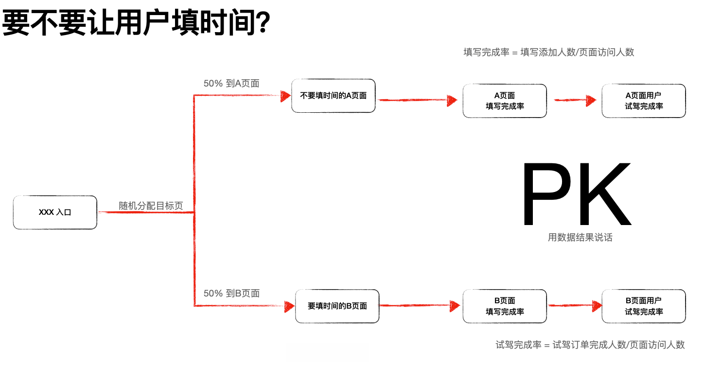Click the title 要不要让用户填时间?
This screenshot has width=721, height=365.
(x=136, y=23)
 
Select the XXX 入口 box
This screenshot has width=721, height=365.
(x=55, y=212)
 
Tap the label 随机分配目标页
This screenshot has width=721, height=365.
(x=151, y=206)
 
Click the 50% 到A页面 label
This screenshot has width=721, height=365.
(x=231, y=84)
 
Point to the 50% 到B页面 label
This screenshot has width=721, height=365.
(x=231, y=294)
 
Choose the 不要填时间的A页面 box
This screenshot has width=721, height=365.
(x=334, y=96)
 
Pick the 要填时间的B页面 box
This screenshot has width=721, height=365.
(x=337, y=306)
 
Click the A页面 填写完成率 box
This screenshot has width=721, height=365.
(x=505, y=101)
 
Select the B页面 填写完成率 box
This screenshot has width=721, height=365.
(x=505, y=306)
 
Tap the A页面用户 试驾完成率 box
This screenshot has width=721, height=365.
(x=644, y=101)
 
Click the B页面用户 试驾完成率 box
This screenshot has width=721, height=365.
(x=644, y=306)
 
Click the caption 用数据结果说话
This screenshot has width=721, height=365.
(x=580, y=238)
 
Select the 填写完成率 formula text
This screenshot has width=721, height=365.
(x=549, y=52)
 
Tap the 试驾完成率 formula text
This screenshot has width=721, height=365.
(x=590, y=345)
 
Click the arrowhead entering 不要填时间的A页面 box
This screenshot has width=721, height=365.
(x=286, y=96)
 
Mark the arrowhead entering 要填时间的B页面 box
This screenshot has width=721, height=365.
(x=290, y=306)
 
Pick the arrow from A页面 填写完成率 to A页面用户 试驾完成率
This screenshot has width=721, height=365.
(x=575, y=101)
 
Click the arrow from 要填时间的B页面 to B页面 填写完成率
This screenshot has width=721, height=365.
(x=419, y=306)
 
